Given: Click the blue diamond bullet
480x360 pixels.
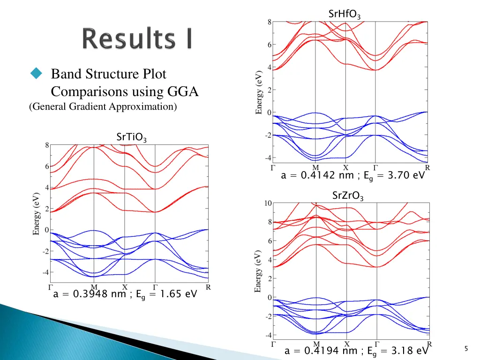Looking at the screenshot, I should (36, 73).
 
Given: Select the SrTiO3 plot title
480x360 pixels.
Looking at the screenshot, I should (131, 137).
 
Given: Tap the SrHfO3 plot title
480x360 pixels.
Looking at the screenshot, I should (345, 15).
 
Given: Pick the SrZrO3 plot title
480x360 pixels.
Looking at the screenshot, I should (348, 196).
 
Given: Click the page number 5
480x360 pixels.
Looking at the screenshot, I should (466, 348).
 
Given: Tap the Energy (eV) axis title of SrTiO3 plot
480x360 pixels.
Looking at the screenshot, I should (36, 213).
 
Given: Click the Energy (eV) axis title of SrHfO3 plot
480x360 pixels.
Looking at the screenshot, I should (259, 92).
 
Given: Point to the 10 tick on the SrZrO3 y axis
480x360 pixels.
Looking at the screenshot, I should (267, 203).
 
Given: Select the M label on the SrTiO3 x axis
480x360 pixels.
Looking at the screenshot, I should (94, 287).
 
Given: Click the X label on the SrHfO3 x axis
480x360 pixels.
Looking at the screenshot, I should (345, 167).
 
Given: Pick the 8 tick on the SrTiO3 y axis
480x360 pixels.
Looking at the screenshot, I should (47, 145).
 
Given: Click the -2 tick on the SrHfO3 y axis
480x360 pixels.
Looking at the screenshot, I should (268, 135).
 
